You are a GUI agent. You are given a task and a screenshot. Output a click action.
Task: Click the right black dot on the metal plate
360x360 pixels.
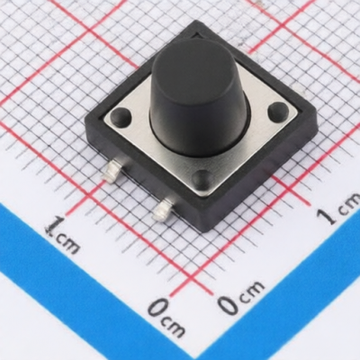pos(278,110)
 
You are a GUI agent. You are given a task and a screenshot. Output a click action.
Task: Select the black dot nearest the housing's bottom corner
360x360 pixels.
pos(203,179)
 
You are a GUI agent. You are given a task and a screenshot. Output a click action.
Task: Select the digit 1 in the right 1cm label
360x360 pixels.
pos(329,215)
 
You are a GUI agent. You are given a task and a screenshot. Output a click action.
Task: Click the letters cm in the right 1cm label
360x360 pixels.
pos(349,204)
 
